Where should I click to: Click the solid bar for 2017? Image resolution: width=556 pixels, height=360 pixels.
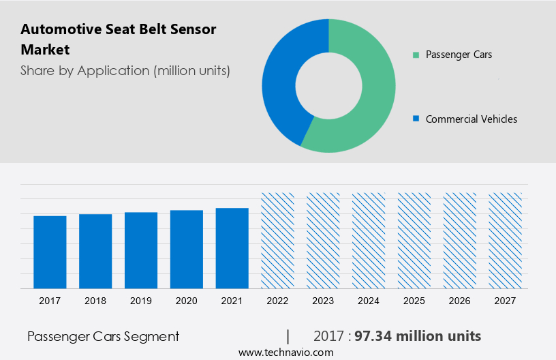pos(50,252)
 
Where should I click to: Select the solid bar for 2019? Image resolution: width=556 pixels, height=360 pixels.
pos(141,250)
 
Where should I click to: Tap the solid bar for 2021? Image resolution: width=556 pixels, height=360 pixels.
pos(232,248)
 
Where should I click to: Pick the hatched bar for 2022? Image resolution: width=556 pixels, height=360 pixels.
pos(278,240)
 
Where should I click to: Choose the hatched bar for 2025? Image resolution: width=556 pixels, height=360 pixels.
pos(414,240)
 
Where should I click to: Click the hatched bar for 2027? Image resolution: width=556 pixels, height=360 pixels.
pos(506,240)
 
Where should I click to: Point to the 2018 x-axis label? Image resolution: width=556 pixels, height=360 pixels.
pos(95,301)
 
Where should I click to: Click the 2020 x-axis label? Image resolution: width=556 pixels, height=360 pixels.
pos(187,301)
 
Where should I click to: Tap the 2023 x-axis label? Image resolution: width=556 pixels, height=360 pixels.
pos(323,301)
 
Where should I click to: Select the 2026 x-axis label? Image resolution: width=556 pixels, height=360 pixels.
pos(460,301)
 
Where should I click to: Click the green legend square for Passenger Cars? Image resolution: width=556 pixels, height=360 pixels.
pos(415,55)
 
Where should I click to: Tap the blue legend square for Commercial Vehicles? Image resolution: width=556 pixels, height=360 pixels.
pos(415,119)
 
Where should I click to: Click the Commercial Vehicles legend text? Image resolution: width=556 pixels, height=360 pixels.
pos(471,119)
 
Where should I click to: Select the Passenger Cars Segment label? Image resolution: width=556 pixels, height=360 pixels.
pos(104,336)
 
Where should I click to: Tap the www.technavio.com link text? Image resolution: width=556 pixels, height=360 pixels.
pos(285,352)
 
